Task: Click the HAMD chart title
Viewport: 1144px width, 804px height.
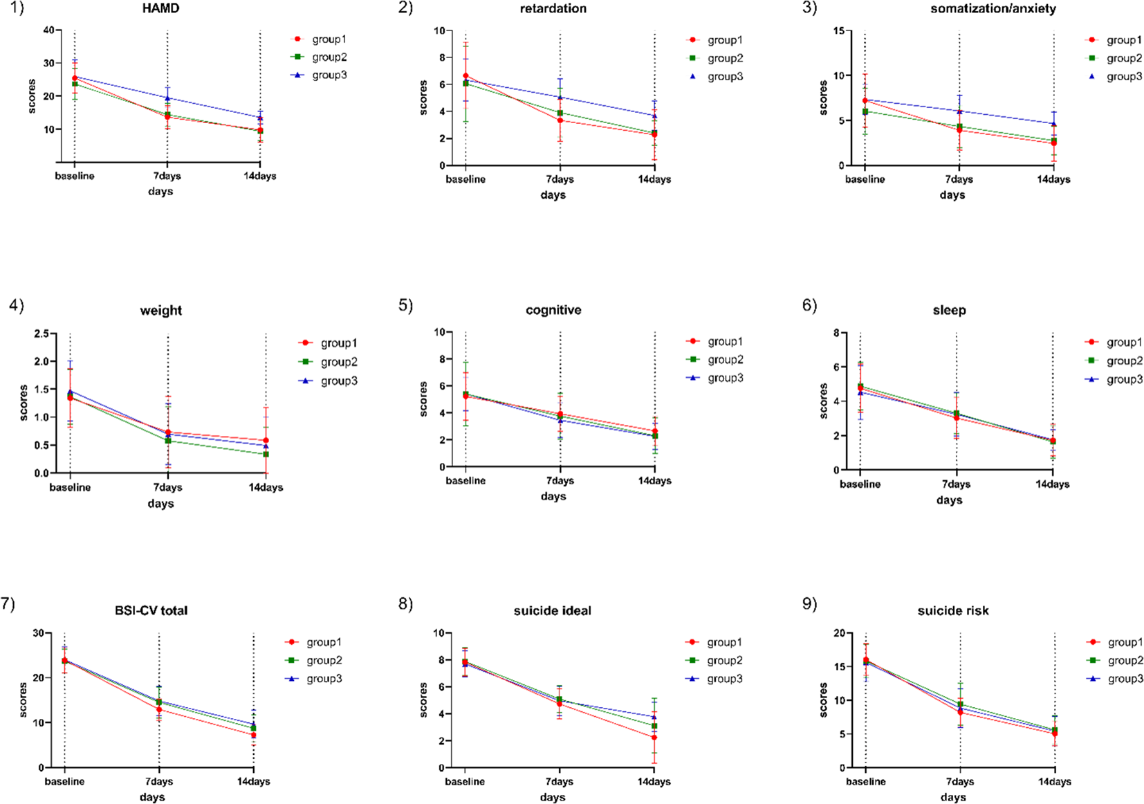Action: (160, 8)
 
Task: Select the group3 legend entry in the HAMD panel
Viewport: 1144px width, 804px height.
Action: (329, 75)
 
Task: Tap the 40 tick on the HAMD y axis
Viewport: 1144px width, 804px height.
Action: (48, 30)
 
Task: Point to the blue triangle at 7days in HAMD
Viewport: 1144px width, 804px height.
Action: (167, 98)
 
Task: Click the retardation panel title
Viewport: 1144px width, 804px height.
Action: (553, 8)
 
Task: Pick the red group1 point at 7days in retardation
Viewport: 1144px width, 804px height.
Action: (560, 120)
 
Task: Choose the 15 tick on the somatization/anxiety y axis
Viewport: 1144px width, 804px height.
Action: (838, 30)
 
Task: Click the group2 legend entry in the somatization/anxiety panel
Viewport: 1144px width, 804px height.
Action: (1124, 58)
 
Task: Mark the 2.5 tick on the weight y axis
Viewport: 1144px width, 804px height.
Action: (41, 334)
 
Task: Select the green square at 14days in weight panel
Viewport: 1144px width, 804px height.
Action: (266, 454)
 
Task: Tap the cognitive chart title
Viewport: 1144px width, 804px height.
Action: (553, 310)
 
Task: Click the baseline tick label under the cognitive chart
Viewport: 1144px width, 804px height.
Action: (465, 480)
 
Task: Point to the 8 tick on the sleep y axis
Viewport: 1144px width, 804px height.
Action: (836, 333)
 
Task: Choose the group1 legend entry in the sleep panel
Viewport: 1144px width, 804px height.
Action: (1124, 342)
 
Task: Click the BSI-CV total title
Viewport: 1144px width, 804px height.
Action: (151, 610)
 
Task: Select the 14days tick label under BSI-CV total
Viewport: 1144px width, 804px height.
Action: (253, 781)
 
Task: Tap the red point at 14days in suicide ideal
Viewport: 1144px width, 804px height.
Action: (654, 738)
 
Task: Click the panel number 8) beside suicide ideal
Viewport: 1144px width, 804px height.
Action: (405, 604)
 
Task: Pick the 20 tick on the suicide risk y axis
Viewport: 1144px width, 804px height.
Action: (838, 633)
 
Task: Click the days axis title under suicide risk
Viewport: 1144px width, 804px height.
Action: (952, 797)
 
